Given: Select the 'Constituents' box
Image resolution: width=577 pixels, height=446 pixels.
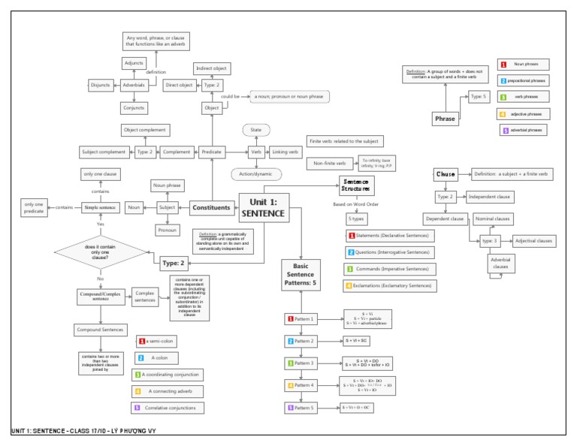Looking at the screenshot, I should point(210,207).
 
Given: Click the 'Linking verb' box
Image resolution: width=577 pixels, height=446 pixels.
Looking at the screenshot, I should point(285,152).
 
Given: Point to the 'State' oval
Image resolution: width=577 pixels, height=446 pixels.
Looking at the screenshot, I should point(256,130).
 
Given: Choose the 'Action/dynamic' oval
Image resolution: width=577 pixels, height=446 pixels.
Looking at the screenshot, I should point(256,175).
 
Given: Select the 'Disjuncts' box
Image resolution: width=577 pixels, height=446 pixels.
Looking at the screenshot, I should point(100,86).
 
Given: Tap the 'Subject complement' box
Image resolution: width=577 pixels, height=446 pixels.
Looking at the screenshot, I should point(103,152).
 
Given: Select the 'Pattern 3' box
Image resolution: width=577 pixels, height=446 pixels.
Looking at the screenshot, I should point(303,363).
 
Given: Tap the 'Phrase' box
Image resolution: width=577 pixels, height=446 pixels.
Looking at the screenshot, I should point(445,119).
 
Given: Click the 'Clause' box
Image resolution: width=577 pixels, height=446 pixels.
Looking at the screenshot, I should point(446,174).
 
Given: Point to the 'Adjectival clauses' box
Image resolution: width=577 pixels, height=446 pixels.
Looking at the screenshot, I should point(533,241).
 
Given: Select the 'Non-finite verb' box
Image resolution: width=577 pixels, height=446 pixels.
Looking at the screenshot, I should point(331,163).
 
